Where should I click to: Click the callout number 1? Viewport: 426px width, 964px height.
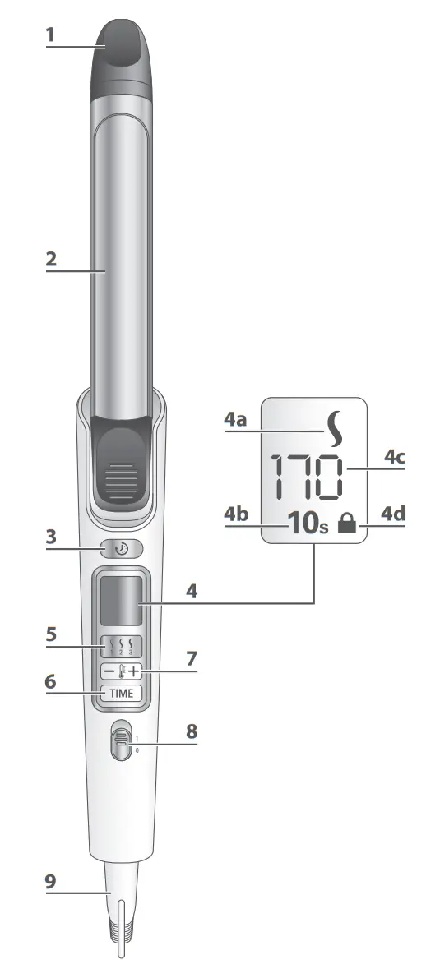tap(50, 35)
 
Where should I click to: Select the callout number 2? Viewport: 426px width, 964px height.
tap(51, 259)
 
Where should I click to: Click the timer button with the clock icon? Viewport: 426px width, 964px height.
tap(122, 549)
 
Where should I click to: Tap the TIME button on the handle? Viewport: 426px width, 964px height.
tap(122, 693)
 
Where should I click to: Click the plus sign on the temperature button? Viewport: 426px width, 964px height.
tap(134, 672)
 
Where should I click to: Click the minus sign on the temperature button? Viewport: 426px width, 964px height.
tap(109, 672)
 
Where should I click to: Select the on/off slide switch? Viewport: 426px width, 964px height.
tap(122, 740)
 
